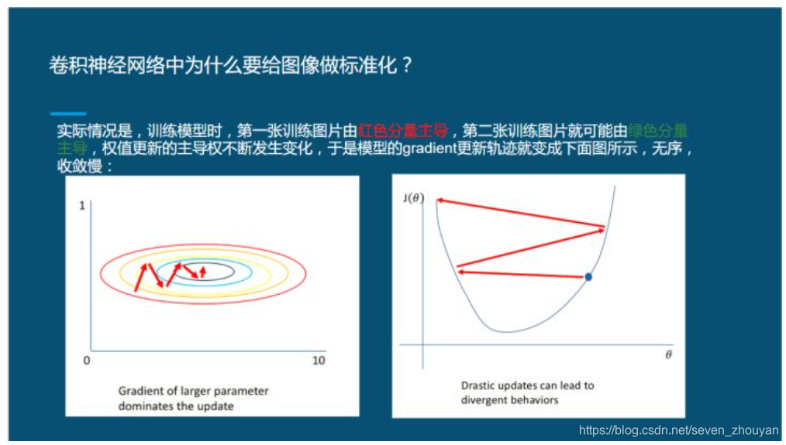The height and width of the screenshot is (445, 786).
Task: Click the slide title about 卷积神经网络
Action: coord(231,66)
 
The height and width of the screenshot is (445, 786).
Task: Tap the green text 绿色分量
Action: coord(658,130)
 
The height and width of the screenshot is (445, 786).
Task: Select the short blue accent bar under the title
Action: coord(67,114)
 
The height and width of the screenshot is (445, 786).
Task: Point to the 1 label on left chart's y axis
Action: coord(81,206)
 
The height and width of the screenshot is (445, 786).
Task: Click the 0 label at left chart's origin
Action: coord(86,361)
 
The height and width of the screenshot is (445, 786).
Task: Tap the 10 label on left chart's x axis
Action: coord(318,361)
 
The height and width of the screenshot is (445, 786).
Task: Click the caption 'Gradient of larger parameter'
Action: coord(193,391)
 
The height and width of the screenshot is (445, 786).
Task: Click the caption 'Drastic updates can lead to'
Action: coord(527,385)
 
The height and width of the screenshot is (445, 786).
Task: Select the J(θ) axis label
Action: coord(413,198)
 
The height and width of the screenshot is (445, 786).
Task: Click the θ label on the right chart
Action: coord(668,354)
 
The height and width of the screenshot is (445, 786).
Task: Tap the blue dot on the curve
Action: coord(588,276)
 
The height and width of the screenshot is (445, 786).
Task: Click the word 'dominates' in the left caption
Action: coord(143,406)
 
